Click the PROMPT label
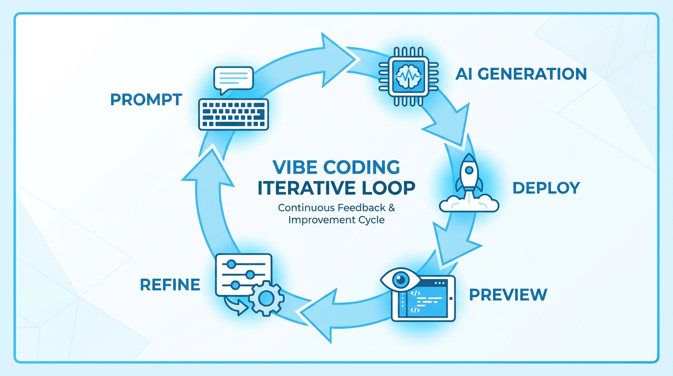point(146,99)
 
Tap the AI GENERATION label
point(521,74)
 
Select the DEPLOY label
point(546,188)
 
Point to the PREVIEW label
point(508,295)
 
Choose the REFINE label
point(170,284)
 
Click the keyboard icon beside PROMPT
point(233,114)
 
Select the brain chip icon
point(407,74)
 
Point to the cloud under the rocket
point(469,204)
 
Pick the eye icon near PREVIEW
point(400,280)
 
